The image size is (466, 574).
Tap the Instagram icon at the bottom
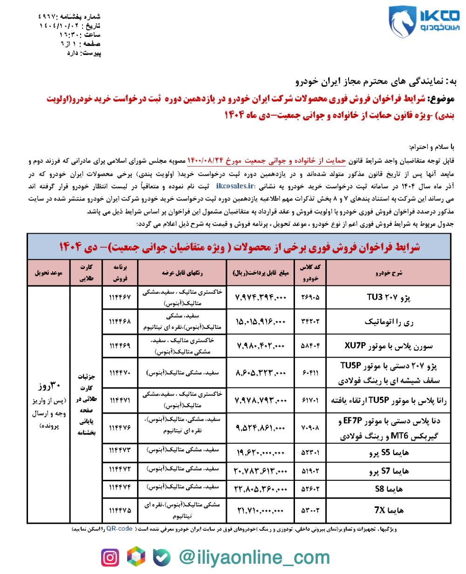coord(110,558)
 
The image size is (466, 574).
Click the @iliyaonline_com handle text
coord(254,558)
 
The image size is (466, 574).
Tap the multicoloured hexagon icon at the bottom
coord(137,558)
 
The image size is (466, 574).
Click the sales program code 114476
coord(120,427)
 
